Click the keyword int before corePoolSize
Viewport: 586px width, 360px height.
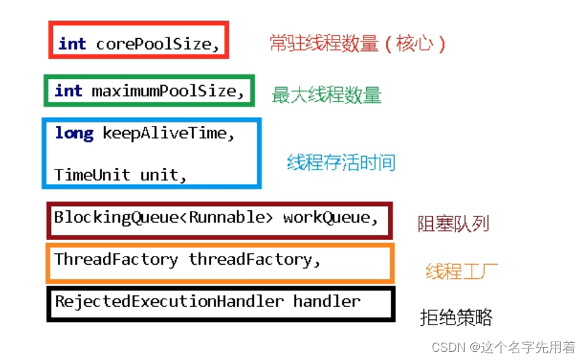click(72, 44)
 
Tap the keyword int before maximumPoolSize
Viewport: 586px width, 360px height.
click(68, 91)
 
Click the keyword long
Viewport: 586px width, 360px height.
click(74, 133)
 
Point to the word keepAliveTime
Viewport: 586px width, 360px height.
click(167, 133)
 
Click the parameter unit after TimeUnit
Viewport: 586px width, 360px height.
click(162, 174)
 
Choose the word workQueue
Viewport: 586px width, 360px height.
click(329, 218)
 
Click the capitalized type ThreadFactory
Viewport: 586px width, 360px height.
click(116, 259)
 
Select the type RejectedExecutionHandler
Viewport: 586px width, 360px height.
click(169, 301)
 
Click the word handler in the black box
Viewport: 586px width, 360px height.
click(327, 301)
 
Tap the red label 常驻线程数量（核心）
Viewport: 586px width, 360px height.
click(358, 44)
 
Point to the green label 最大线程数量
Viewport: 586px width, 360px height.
click(327, 95)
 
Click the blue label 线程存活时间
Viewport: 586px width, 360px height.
click(341, 163)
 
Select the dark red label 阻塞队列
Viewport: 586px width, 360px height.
click(453, 224)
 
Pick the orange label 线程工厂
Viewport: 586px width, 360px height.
click(461, 272)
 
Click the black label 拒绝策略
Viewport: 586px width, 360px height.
click(455, 317)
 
